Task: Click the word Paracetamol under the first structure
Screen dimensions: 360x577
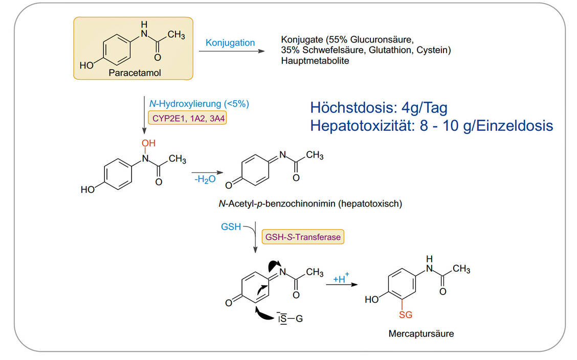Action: (x=135, y=73)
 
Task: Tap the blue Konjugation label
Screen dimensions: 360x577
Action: (x=230, y=42)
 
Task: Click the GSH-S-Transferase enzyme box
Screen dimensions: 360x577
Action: (x=303, y=237)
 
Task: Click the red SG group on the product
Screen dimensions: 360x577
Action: (x=405, y=315)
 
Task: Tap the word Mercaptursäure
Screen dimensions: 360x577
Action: (x=421, y=334)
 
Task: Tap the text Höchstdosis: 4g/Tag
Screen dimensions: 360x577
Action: (x=379, y=108)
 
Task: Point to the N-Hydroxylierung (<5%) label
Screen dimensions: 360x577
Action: (x=195, y=103)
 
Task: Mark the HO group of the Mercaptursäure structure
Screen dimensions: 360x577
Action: (x=372, y=300)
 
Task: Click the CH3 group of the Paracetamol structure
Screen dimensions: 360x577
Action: (x=176, y=35)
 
